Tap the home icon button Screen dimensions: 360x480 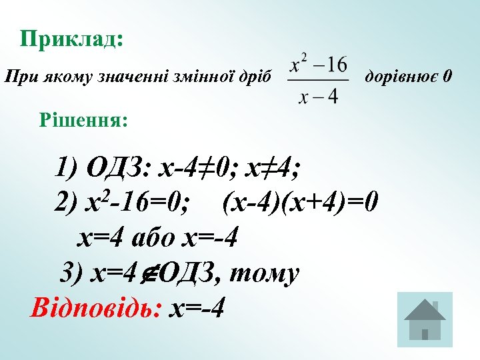[x=424, y=319]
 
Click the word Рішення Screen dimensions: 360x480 [x=84, y=121]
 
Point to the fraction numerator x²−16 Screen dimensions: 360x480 [x=318, y=65]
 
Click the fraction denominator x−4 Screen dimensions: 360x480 [x=318, y=97]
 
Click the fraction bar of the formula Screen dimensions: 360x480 [x=318, y=80]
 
